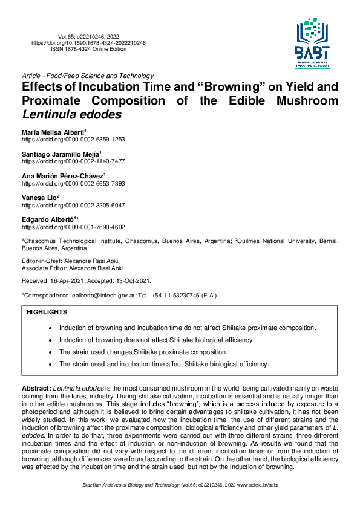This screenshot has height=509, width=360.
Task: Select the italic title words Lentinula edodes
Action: tap(72, 114)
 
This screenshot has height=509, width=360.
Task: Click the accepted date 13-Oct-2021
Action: tap(131, 280)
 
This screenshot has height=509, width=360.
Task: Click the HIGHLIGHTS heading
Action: tap(47, 313)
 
